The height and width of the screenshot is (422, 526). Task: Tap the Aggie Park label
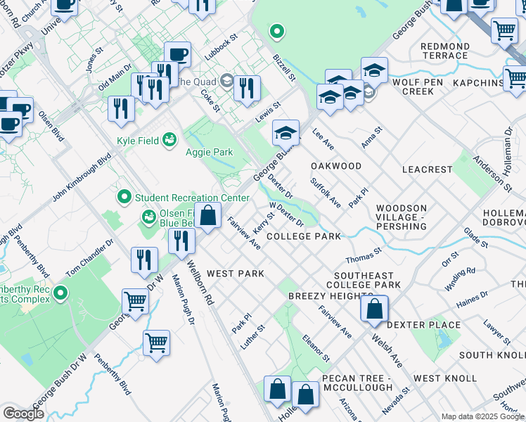click(x=208, y=152)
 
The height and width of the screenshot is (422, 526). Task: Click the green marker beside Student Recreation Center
click(x=125, y=197)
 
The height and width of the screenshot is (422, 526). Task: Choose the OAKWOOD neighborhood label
click(x=336, y=166)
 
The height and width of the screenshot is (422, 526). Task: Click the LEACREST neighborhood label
click(x=427, y=170)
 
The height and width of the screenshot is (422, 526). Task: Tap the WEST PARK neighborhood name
click(x=236, y=273)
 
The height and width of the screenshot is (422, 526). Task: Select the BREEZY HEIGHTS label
click(x=326, y=296)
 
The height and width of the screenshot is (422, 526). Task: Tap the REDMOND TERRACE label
click(x=444, y=51)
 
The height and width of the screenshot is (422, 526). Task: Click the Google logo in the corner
click(x=23, y=414)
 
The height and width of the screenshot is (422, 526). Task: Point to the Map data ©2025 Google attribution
click(x=482, y=416)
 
